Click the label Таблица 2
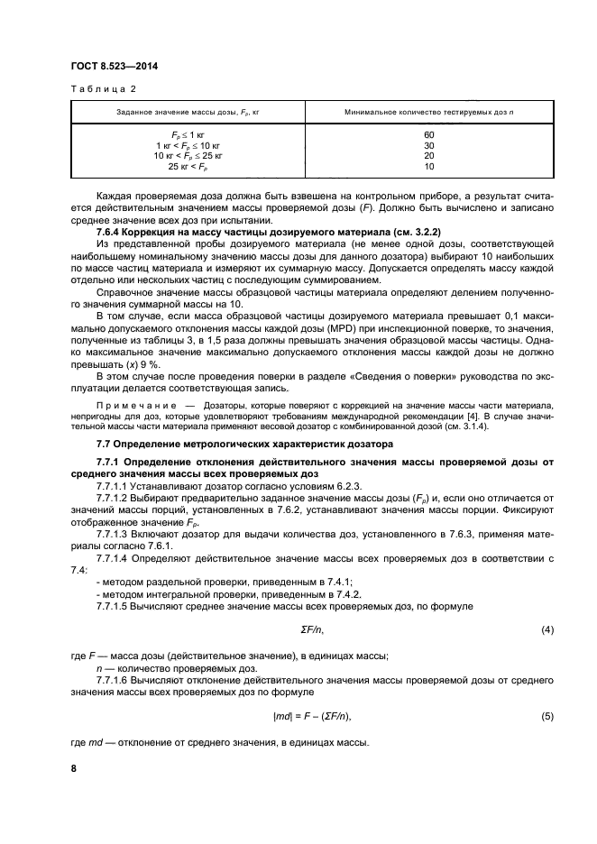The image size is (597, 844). coord(102,88)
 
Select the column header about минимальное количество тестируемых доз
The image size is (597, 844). coord(428,111)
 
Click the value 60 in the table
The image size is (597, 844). coord(428,134)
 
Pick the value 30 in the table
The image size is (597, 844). coord(428,145)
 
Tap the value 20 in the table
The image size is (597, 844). coord(428,155)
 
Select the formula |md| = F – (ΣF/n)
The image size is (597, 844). coord(310,716)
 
